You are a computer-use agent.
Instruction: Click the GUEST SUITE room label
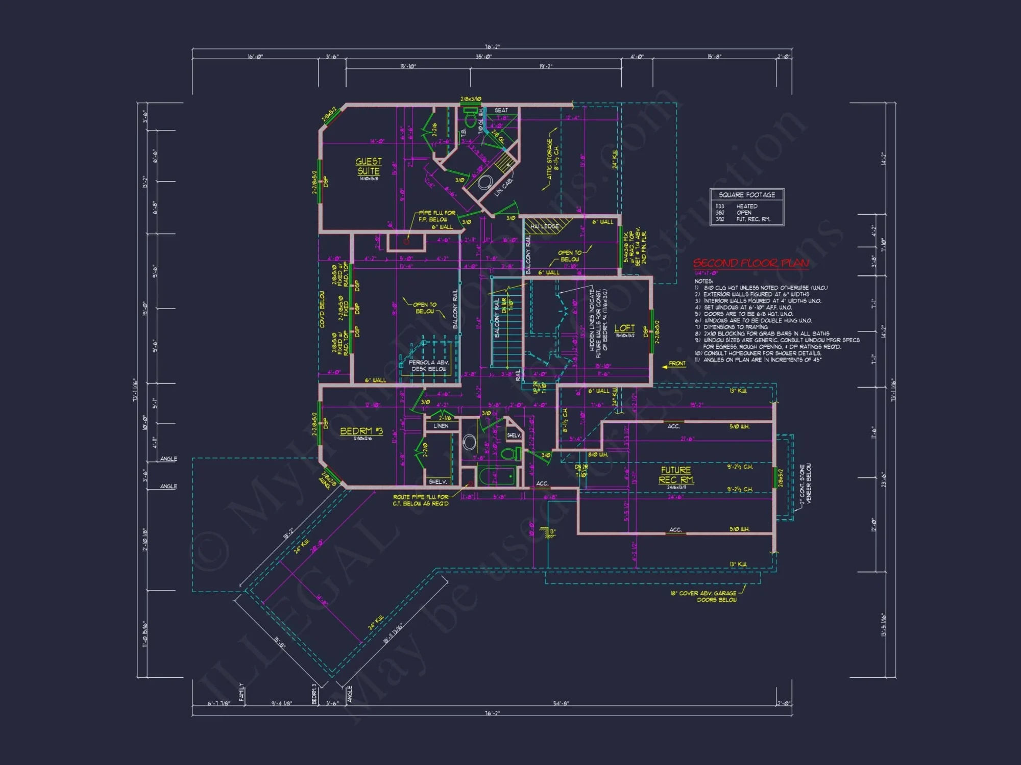[368, 167]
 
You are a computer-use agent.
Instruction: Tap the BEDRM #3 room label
[361, 431]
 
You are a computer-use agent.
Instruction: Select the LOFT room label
[624, 328]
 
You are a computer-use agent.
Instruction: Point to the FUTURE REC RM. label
[676, 475]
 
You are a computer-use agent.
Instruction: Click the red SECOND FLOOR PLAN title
[751, 263]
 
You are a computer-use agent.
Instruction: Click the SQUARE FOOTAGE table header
[746, 195]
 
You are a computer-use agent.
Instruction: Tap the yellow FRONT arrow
[673, 364]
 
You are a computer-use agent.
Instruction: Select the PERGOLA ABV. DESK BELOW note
[428, 366]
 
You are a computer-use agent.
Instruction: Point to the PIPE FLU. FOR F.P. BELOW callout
[436, 216]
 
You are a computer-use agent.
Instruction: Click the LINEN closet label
[441, 426]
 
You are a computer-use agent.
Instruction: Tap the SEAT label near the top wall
[501, 110]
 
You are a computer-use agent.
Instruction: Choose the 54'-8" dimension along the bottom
[561, 703]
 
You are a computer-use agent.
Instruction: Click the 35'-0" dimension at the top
[483, 57]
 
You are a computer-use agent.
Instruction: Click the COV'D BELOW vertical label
[322, 310]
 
